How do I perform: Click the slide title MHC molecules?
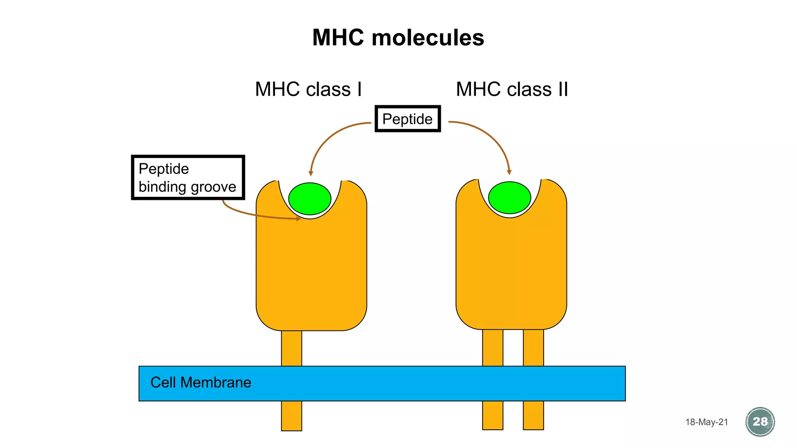[x=398, y=38]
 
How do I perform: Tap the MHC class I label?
[x=308, y=89]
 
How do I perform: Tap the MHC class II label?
[x=512, y=89]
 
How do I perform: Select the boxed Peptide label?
[x=407, y=119]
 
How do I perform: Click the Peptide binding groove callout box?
[x=188, y=177]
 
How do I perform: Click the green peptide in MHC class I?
[x=310, y=198]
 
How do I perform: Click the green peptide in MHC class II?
[x=509, y=198]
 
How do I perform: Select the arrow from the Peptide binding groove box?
[x=253, y=214]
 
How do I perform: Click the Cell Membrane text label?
[x=201, y=383]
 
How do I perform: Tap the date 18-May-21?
[x=706, y=422]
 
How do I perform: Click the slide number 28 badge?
[x=760, y=422]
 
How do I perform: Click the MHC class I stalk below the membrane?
[x=291, y=416]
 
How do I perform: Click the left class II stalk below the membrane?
[x=493, y=415]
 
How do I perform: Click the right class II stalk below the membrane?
[x=533, y=415]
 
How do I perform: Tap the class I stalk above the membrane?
[x=291, y=348]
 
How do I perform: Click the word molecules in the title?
[x=428, y=38]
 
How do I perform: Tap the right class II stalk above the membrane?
[x=533, y=348]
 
